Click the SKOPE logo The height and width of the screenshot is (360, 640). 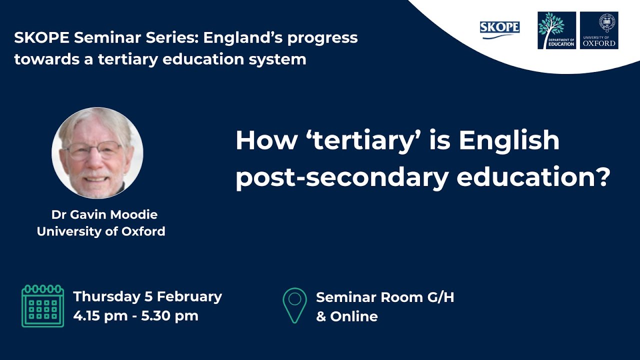pos(499,29)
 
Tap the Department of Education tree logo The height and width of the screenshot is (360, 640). pos(556,30)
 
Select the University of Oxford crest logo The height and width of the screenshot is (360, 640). pos(599,30)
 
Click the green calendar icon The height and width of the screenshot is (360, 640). pos(42,306)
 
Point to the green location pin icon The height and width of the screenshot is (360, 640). pos(295,305)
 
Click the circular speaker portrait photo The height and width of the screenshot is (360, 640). pos(97,152)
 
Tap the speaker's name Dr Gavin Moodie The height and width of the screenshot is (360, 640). pos(104,215)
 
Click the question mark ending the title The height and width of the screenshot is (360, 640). pos(603,177)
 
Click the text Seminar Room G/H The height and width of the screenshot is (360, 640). pos(385,297)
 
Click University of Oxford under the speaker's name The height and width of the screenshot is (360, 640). pos(101,231)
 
